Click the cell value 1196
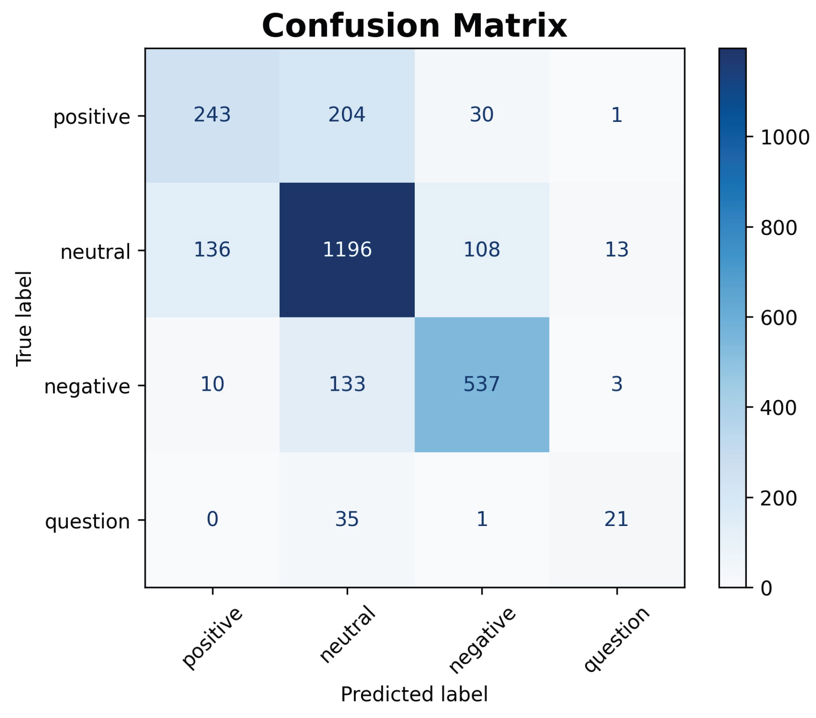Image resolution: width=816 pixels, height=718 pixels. click(x=347, y=249)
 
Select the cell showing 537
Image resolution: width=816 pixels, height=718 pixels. click(x=481, y=384)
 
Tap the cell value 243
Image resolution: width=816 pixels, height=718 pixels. click(x=212, y=115)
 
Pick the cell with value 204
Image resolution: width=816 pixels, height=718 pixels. click(x=347, y=115)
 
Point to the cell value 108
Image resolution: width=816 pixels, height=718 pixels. click(x=481, y=249)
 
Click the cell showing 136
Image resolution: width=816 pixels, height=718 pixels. click(x=212, y=249)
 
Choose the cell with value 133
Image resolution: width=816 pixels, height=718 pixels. click(x=347, y=384)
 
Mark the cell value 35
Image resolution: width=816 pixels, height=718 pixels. click(x=347, y=519)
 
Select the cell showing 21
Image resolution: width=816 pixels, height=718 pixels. click(x=616, y=519)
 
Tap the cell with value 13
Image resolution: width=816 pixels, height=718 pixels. click(x=616, y=249)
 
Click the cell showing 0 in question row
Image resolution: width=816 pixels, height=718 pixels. click(x=212, y=519)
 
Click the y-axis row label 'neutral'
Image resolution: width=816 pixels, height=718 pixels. click(x=95, y=252)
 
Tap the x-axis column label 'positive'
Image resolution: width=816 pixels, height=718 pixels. click(x=213, y=638)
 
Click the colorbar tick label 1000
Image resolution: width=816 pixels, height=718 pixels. click(x=785, y=138)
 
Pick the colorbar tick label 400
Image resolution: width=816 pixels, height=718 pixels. click(x=778, y=408)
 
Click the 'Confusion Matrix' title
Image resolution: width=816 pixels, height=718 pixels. click(x=414, y=26)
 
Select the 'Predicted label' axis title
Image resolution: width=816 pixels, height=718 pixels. click(x=414, y=694)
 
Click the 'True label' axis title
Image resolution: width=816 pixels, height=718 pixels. click(x=24, y=318)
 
